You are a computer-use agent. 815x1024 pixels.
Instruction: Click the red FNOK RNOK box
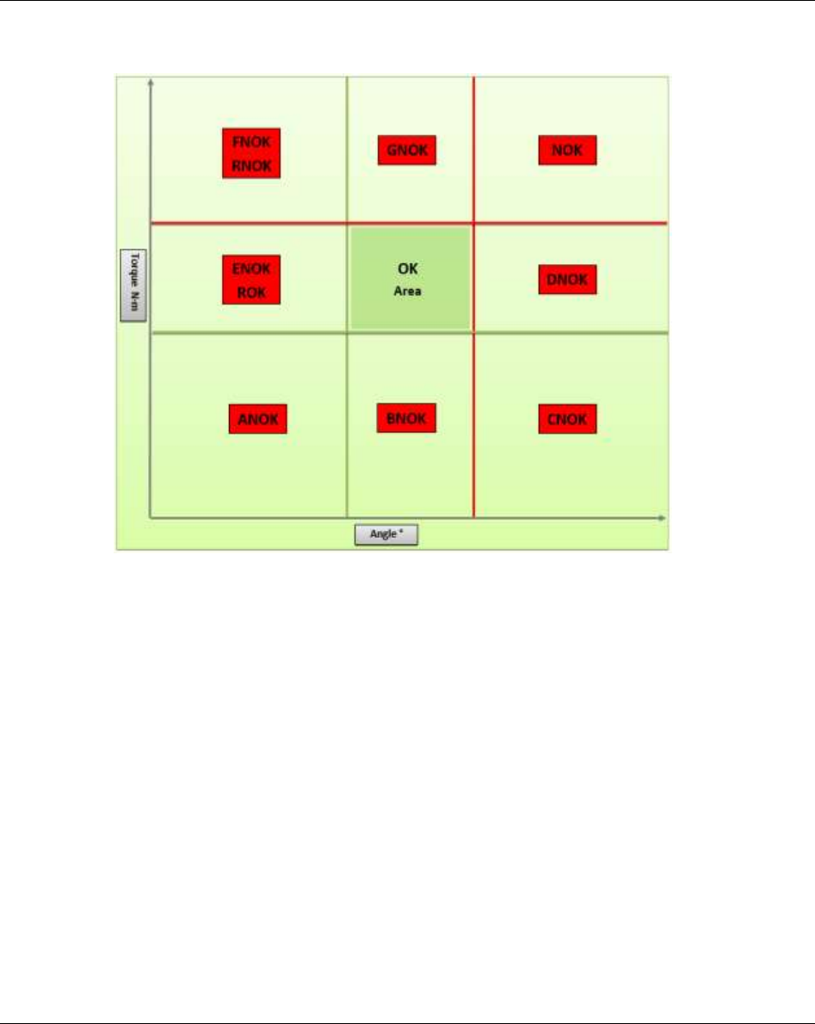[x=252, y=153]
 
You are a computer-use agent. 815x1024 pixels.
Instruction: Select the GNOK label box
[x=407, y=151]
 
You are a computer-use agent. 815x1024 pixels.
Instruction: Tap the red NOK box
[x=567, y=151]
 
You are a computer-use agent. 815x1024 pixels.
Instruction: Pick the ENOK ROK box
[x=252, y=280]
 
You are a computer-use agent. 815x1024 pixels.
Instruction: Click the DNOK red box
[x=567, y=280]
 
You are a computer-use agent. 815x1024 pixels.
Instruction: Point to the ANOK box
[x=257, y=419]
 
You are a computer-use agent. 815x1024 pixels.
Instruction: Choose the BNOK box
[x=407, y=418]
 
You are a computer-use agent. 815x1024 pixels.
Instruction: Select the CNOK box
[x=567, y=419]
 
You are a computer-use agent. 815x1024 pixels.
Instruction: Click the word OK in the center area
[x=407, y=270]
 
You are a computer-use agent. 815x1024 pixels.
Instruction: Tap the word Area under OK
[x=407, y=292]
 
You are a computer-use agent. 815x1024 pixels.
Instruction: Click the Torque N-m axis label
[x=132, y=285]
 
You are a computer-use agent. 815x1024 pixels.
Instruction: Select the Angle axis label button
[x=386, y=534]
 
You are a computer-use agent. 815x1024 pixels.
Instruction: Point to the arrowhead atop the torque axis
[x=151, y=81]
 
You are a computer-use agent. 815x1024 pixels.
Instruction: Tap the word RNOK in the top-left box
[x=252, y=167]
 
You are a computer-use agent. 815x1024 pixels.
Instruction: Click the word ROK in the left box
[x=252, y=293]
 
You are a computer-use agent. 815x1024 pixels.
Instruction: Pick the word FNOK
[x=252, y=140]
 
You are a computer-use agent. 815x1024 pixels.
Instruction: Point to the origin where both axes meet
[x=151, y=518]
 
